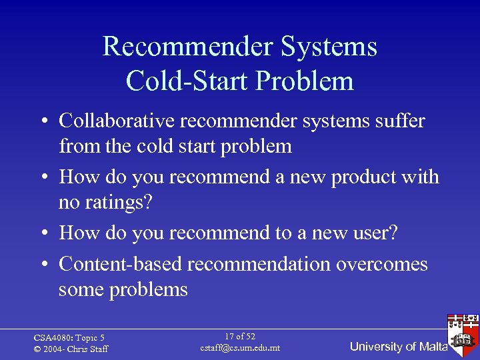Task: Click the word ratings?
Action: coord(119,202)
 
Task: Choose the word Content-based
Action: coord(121,264)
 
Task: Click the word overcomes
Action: coord(382,264)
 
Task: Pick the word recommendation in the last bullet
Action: coord(259,264)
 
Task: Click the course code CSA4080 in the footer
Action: coord(51,338)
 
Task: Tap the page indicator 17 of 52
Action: coord(240,337)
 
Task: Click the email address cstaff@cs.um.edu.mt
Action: coord(240,348)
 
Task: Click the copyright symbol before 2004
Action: coord(37,349)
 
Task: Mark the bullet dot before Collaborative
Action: coord(42,121)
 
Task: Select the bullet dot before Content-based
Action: coord(42,265)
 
